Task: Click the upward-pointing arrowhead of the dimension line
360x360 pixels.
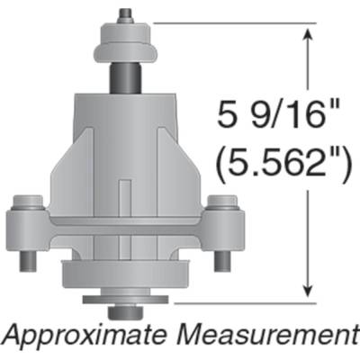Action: tap(310, 34)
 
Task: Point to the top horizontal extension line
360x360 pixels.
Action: tap(234, 24)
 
